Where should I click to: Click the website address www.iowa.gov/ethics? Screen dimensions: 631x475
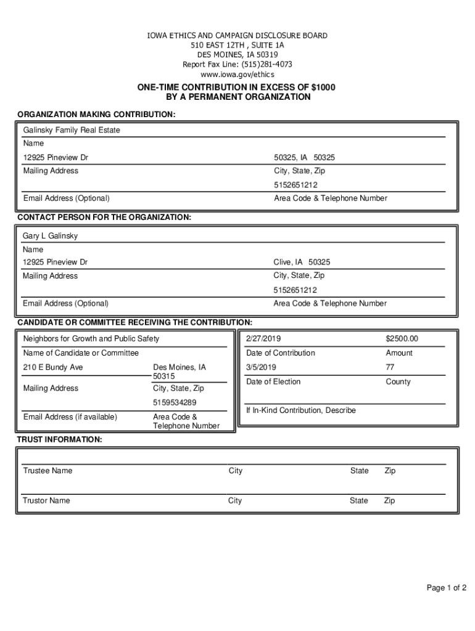click(x=237, y=74)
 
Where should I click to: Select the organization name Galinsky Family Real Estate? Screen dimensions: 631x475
click(x=72, y=130)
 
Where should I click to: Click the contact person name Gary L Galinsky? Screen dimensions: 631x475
click(x=51, y=236)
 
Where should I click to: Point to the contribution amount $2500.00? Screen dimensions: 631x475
click(x=402, y=338)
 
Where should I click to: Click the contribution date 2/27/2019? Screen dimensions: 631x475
click(x=263, y=338)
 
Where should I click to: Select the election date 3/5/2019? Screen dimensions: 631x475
click(x=261, y=367)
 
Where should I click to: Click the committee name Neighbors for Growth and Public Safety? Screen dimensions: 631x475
click(x=91, y=338)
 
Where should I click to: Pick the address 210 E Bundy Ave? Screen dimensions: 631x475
click(x=53, y=367)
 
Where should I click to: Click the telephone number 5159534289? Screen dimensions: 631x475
click(x=175, y=402)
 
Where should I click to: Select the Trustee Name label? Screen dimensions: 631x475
click(x=47, y=471)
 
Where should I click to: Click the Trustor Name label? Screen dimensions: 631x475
click(x=46, y=500)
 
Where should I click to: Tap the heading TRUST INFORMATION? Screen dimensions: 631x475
click(x=59, y=439)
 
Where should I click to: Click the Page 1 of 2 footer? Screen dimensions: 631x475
click(x=446, y=588)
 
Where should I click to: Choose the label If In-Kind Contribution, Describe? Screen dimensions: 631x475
click(x=300, y=410)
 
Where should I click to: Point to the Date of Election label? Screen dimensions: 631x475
click(x=273, y=381)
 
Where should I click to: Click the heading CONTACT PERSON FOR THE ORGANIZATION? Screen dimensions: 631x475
click(x=104, y=218)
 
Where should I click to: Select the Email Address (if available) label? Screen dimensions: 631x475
click(x=70, y=417)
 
